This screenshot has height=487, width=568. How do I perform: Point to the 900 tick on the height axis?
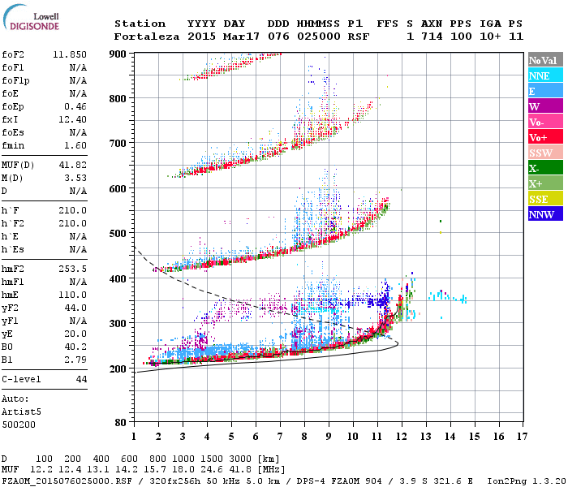coord(118,54)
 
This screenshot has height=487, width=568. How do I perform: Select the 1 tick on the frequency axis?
coord(133,436)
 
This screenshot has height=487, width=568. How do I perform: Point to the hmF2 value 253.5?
coord(73,268)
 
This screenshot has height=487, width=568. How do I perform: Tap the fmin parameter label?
coord(15,145)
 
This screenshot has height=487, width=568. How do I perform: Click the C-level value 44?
coord(81,379)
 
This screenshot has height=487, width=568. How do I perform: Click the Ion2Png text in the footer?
coord(508,480)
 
